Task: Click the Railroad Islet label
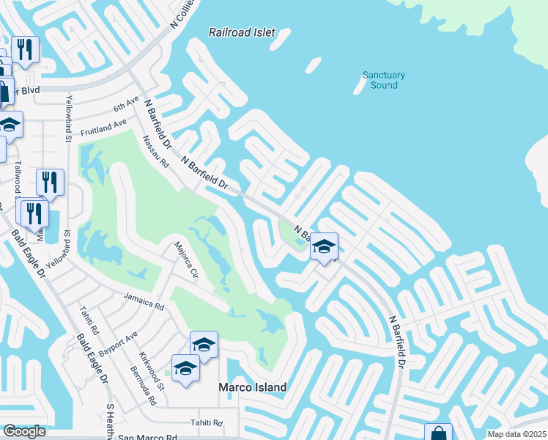pyautogui.click(x=242, y=32)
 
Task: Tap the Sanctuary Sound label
pyautogui.click(x=384, y=80)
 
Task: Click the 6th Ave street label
pyautogui.click(x=126, y=105)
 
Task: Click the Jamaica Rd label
pyautogui.click(x=144, y=301)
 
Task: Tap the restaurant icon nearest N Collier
pyautogui.click(x=26, y=50)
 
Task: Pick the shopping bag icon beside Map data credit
pyautogui.click(x=438, y=433)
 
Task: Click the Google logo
pyautogui.click(x=24, y=431)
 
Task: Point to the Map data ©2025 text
pyautogui.click(x=516, y=434)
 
